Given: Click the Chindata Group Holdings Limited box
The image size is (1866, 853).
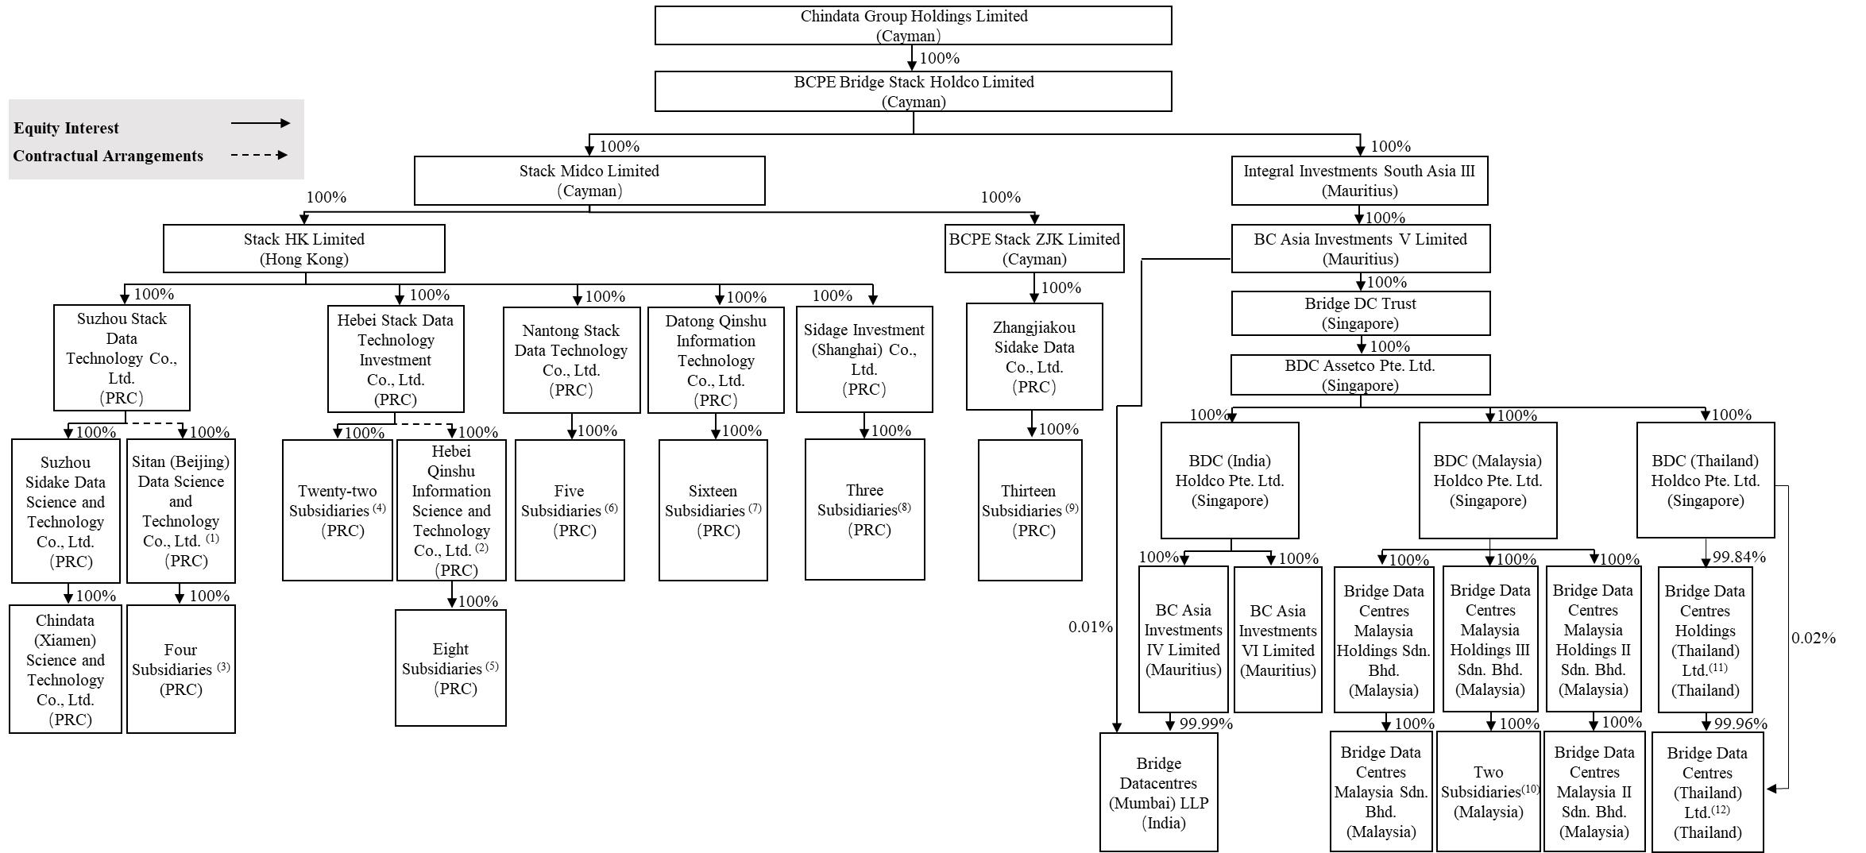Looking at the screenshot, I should pos(913,25).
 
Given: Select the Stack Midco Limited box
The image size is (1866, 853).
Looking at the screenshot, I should pos(589,180).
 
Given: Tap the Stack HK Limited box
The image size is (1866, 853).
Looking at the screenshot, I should pos(303,249).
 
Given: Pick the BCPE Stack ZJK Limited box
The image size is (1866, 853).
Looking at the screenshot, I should pos(1034,249).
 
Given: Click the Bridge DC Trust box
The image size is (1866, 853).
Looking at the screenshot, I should pos(1360,313).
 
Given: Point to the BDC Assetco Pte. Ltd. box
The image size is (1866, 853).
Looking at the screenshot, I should pos(1360,375).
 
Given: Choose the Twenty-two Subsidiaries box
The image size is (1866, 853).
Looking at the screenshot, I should pos(338,510).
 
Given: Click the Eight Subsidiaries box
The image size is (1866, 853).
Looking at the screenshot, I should pos(450,668).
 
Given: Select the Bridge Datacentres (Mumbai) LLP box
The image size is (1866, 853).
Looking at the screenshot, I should pos(1158,792).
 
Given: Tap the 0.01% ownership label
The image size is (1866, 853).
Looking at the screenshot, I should pos(1090,627).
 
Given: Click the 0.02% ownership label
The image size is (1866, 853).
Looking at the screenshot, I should pos(1814,639).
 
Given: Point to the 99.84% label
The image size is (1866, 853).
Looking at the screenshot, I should pos(1738,558).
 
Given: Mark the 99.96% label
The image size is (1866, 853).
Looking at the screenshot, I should pos(1740,724).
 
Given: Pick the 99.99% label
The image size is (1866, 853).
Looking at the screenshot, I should pos(1206,724).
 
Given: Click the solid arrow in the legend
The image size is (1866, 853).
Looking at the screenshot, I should pos(261,123).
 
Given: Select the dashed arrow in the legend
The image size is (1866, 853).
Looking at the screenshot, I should pos(259,156).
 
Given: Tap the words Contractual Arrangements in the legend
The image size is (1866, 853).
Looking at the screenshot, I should pos(108,156).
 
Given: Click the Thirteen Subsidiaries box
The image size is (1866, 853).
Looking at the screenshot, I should pos(1030,510).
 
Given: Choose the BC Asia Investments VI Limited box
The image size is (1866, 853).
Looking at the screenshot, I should pos(1277,639).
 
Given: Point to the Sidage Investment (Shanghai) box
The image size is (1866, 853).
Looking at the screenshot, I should pos(864,359).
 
